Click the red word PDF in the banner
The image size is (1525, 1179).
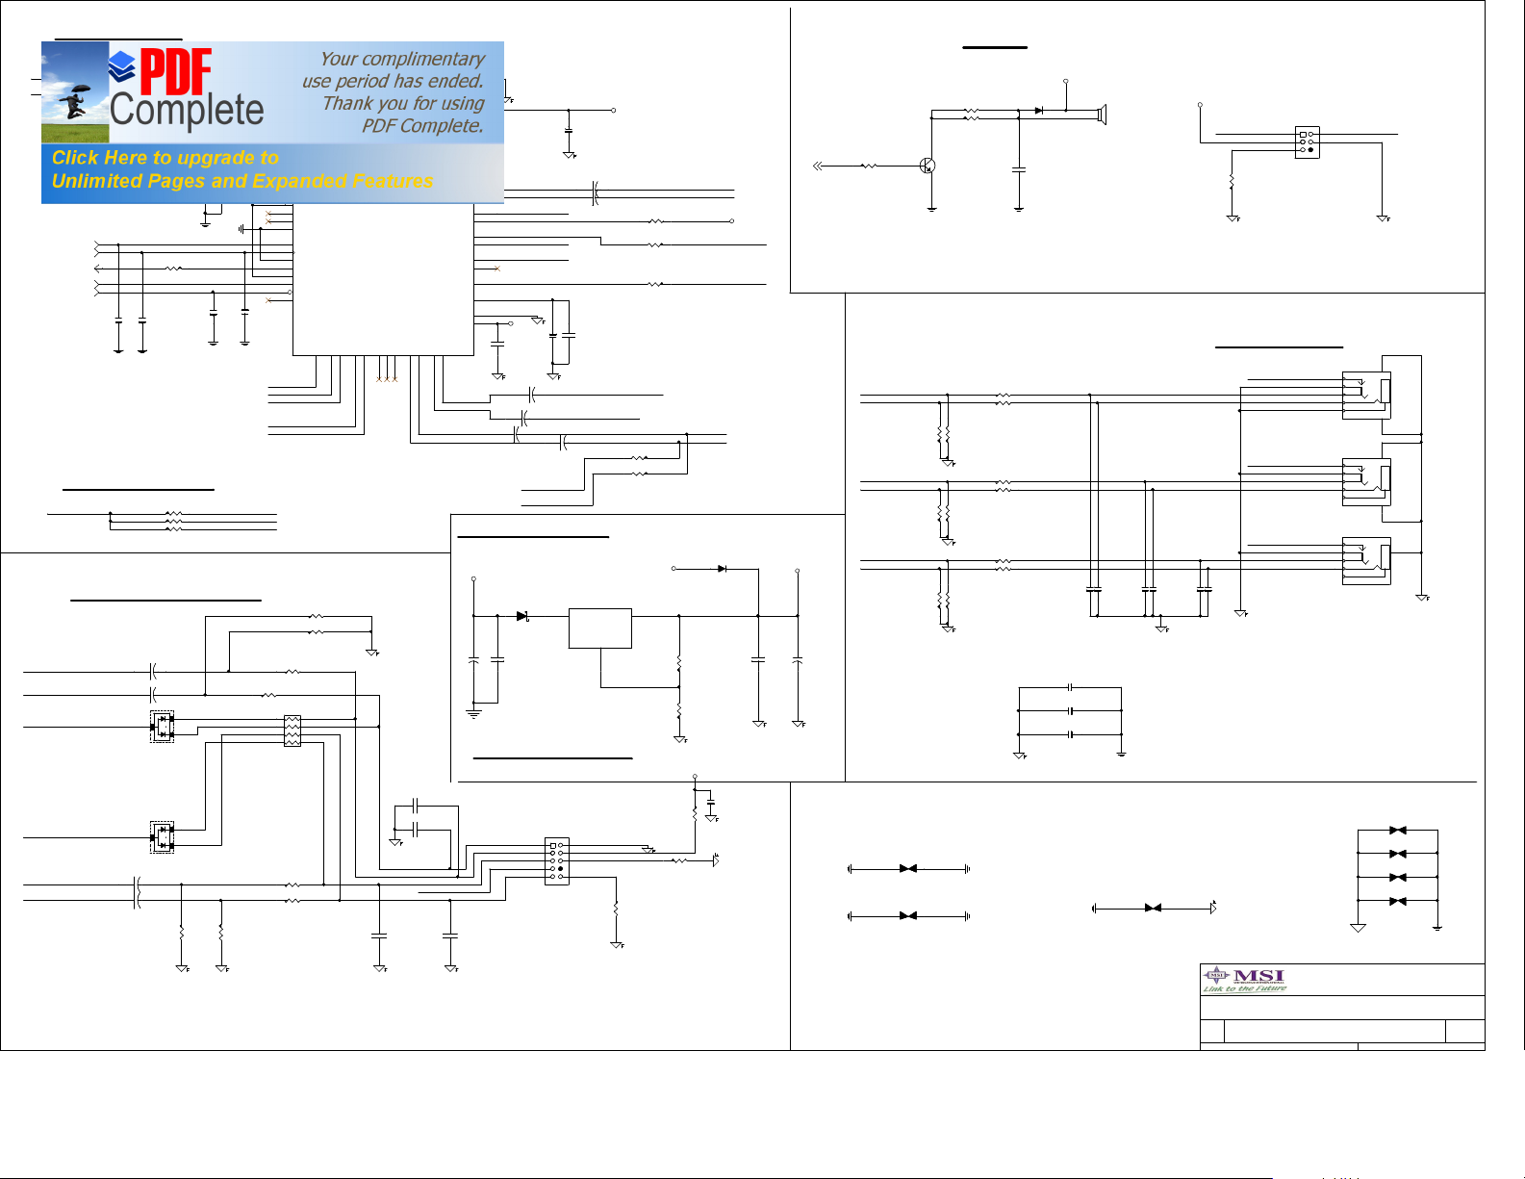pos(176,73)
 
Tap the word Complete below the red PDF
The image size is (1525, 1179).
pos(187,111)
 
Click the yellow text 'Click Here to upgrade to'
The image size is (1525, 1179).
pos(165,158)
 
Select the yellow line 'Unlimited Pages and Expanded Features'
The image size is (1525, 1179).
pos(242,181)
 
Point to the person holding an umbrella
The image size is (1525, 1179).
pos(75,101)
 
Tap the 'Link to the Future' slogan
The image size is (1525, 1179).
pos(1244,988)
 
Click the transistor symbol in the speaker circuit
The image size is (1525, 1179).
pos(928,166)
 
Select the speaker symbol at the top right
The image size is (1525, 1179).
pos(1102,115)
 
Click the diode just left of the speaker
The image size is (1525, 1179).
pos(1039,111)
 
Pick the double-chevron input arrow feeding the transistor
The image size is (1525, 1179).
pos(818,166)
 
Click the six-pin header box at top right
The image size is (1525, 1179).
pos(1307,142)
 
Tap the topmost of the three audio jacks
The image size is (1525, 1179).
pos(1366,396)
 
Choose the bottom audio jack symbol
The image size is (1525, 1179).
pos(1366,560)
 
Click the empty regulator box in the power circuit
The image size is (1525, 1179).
pos(600,628)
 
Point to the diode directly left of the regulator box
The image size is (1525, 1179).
pos(522,616)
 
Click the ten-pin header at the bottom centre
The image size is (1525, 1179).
pos(556,860)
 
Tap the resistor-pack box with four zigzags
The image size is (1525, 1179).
pos(292,730)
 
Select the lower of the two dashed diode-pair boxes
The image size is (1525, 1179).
pos(162,837)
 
